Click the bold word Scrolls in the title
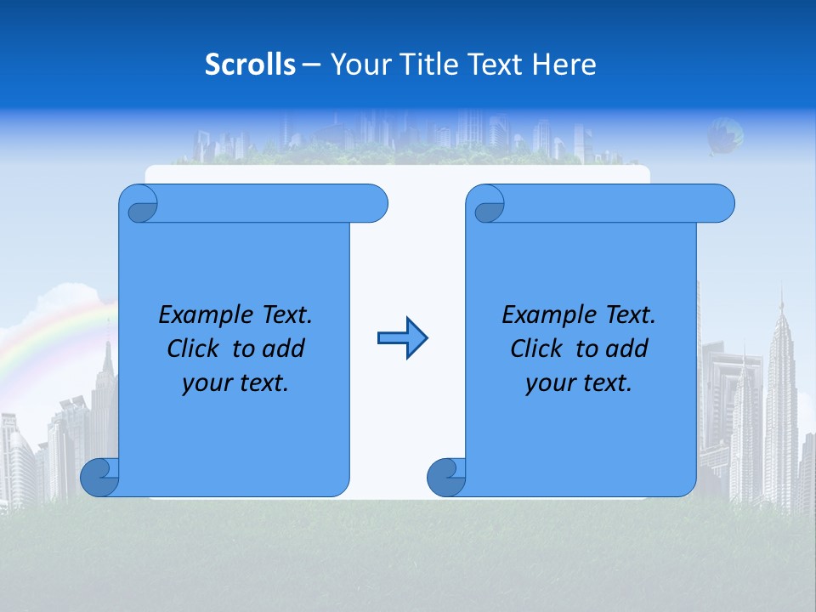click(x=250, y=65)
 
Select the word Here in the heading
click(x=564, y=65)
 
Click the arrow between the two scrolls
click(x=402, y=338)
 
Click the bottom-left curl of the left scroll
click(x=99, y=478)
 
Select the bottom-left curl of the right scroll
click(x=445, y=478)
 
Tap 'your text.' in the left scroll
click(x=235, y=382)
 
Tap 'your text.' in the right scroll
click(x=579, y=382)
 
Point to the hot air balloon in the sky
click(x=725, y=135)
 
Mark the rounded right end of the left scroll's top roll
click(x=374, y=203)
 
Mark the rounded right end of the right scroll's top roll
click(x=721, y=203)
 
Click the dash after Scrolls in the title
click(x=311, y=65)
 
